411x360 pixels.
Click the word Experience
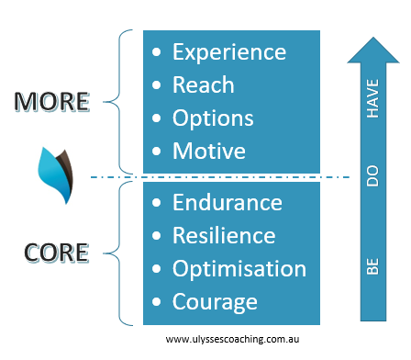click(x=229, y=51)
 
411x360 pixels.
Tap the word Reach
click(x=204, y=85)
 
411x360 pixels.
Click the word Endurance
click(x=228, y=202)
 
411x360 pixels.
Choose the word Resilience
click(x=224, y=235)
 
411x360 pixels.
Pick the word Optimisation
click(x=239, y=269)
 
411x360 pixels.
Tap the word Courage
click(x=216, y=302)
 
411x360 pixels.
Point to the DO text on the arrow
click(x=372, y=177)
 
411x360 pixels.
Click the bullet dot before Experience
click(x=158, y=52)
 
